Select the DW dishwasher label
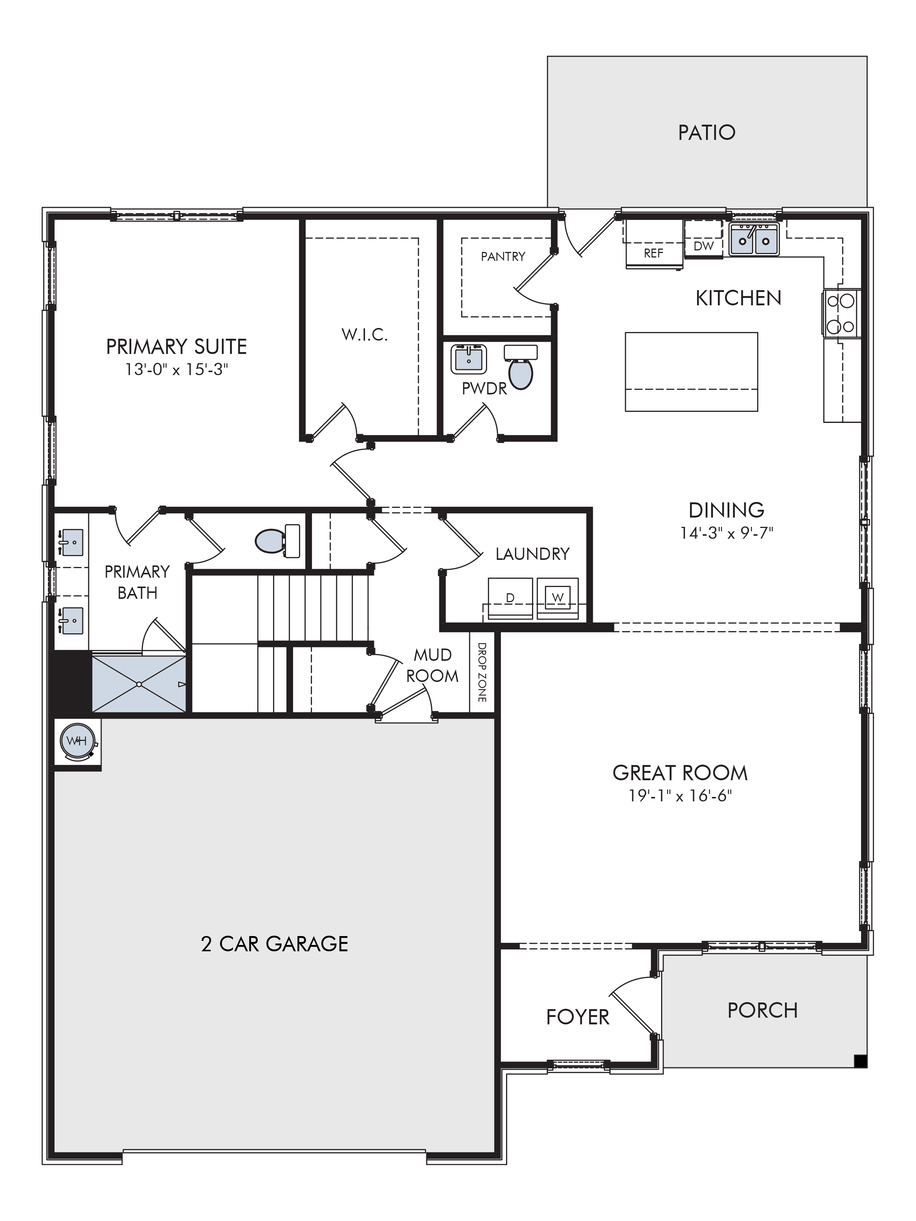[703, 246]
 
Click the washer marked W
[557, 598]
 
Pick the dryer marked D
[510, 598]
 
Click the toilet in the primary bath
[278, 541]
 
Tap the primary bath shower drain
[139, 685]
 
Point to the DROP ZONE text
[482, 672]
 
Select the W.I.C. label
[365, 335]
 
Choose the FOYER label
[578, 1017]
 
